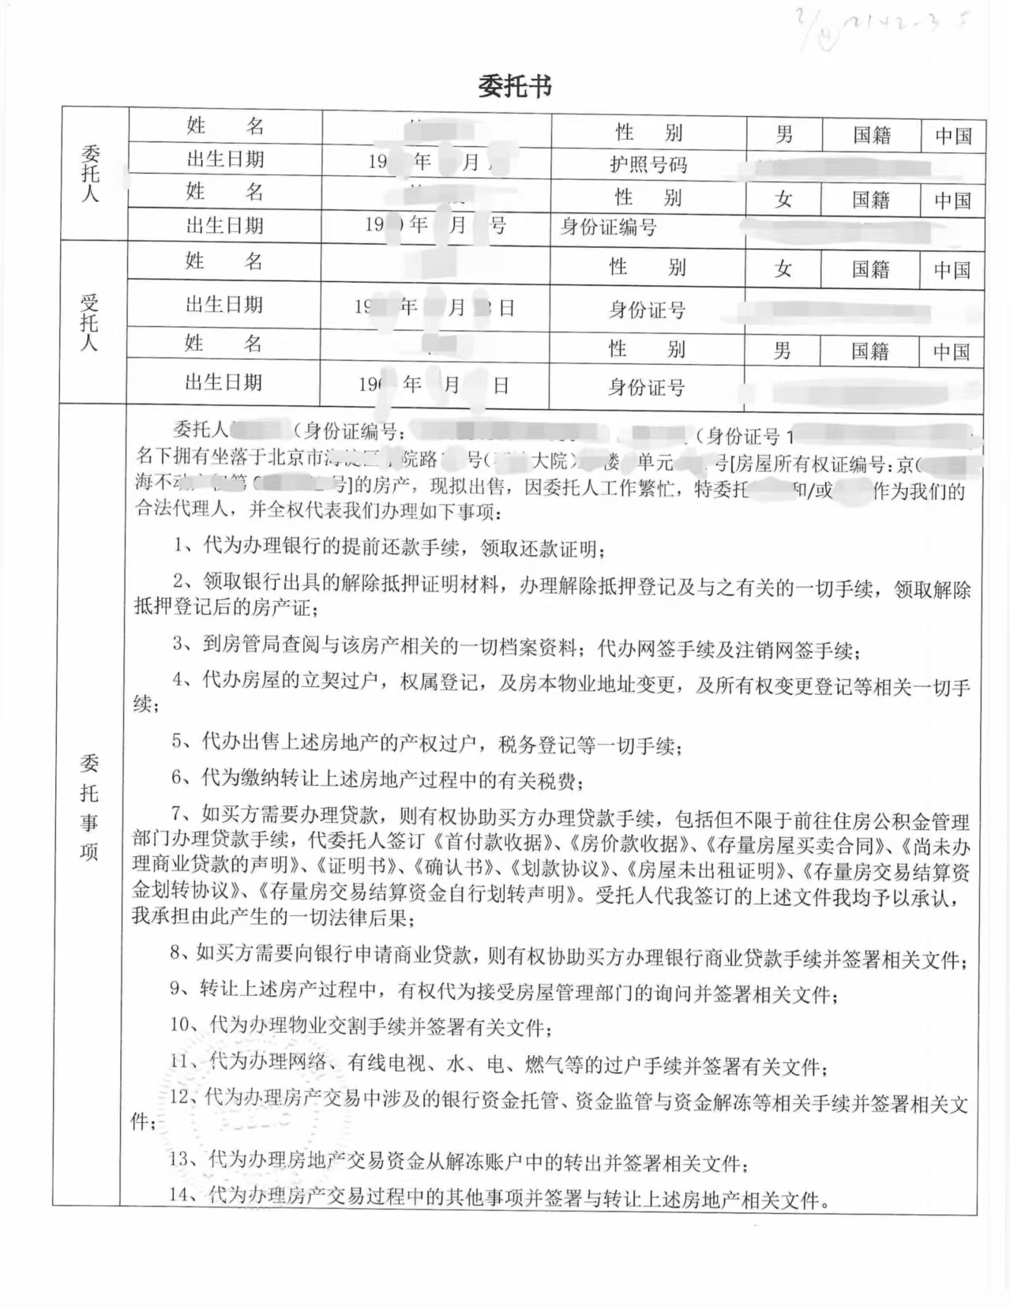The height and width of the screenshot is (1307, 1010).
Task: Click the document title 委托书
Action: coord(514,86)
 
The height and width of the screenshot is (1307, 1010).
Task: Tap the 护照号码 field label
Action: coord(648,164)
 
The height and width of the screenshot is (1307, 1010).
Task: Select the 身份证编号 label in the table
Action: coord(608,227)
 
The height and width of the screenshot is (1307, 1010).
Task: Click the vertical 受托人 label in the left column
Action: coord(89,322)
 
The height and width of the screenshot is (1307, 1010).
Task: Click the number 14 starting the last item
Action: coord(181,1194)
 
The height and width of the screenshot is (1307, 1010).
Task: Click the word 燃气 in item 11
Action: coord(546,1065)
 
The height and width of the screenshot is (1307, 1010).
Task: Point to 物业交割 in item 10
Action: coord(338,1026)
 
